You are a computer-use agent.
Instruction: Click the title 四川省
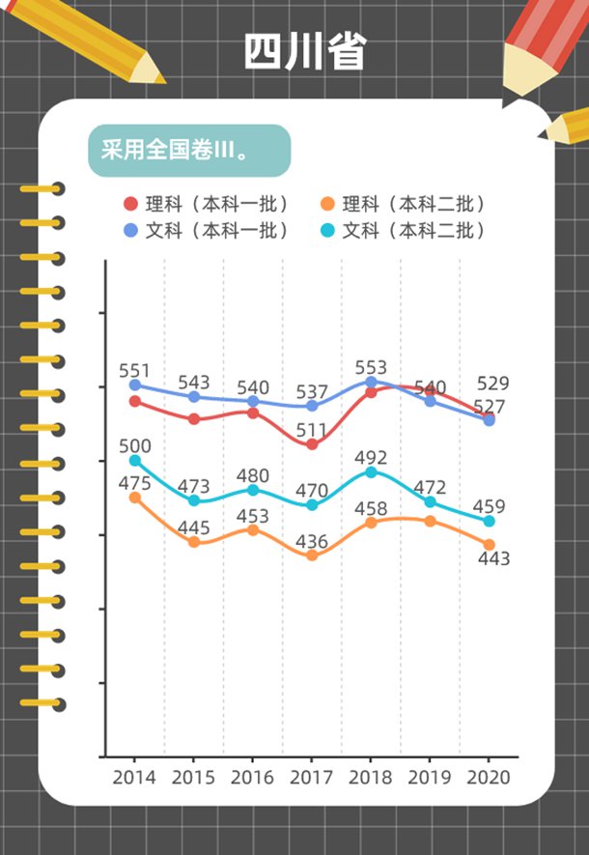tap(304, 51)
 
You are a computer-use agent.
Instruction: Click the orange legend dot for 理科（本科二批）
tap(327, 204)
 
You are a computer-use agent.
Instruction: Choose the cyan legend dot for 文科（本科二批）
tap(327, 231)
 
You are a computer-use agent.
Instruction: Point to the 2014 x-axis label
tap(133, 777)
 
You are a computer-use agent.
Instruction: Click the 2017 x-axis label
tap(311, 777)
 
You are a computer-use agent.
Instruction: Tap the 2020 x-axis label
tap(489, 777)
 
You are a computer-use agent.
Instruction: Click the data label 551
tap(135, 370)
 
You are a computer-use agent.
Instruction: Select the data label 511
tap(311, 429)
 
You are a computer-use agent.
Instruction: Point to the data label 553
tap(371, 367)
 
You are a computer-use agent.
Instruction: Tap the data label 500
tap(135, 445)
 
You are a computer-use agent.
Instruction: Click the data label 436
tap(311, 541)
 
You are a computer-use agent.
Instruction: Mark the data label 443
tap(492, 558)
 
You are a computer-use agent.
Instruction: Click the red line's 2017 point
tap(312, 444)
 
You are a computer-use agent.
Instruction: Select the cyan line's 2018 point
tap(371, 471)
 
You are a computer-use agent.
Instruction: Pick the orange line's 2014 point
tap(134, 498)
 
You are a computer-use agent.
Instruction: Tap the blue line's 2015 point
tap(193, 396)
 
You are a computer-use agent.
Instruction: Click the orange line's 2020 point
tap(490, 545)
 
